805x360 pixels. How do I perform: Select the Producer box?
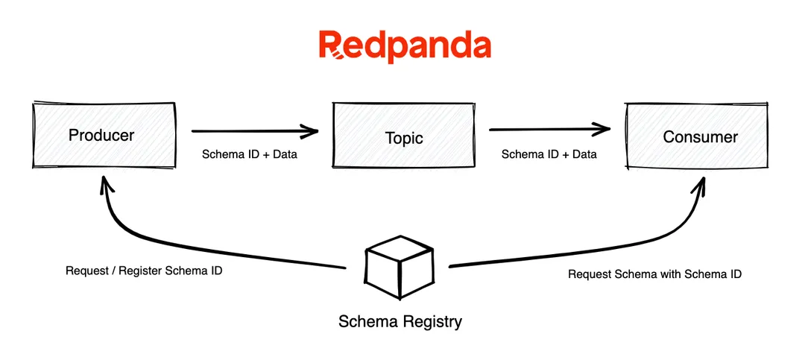coord(104,136)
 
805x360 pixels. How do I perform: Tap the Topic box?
coord(402,136)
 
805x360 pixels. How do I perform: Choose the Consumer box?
coord(699,136)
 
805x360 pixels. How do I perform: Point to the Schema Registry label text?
coord(400,322)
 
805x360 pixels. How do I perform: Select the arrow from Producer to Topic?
coord(253,132)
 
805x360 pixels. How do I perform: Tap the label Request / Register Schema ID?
coord(144,271)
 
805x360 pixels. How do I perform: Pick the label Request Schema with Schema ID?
coord(654,274)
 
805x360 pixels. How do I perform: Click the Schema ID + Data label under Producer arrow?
coord(250,155)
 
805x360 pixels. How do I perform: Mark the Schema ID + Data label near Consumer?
coord(549,155)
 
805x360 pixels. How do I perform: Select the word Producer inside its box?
coord(101,135)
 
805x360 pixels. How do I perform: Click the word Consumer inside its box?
coord(700,137)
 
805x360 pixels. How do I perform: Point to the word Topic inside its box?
coord(404,139)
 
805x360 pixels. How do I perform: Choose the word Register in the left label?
coord(146,271)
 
